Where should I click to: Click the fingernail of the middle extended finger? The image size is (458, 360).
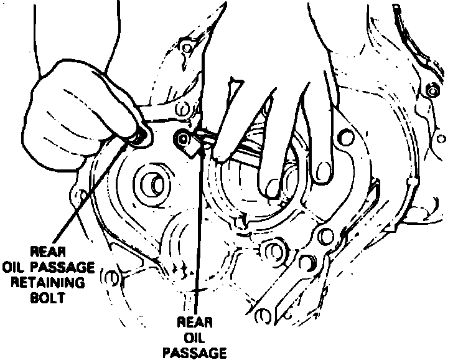click(x=272, y=187)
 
